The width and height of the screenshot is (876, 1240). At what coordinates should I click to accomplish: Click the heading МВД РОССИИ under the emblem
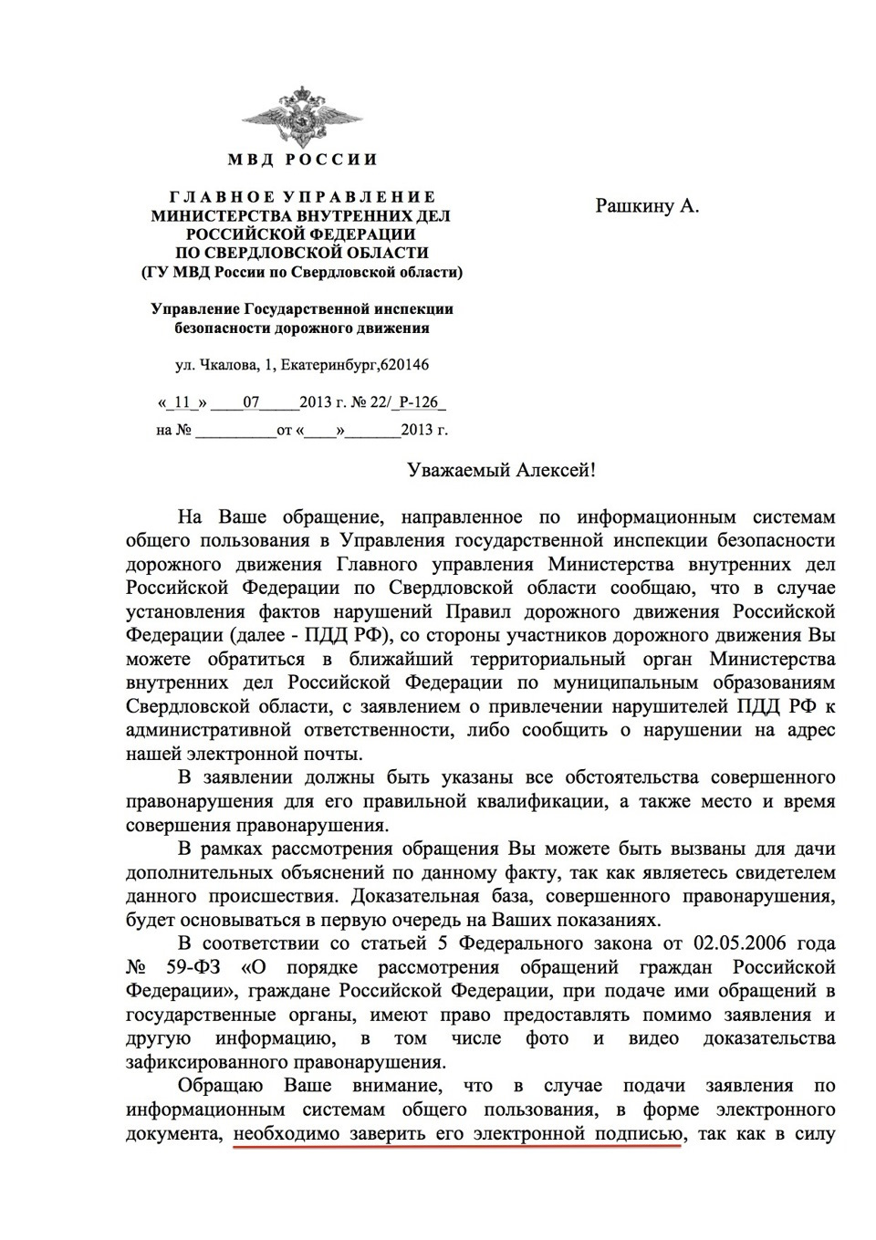[302, 160]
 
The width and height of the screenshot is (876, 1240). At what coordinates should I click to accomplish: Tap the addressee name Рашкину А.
[647, 205]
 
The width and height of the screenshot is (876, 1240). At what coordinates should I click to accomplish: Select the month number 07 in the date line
[252, 401]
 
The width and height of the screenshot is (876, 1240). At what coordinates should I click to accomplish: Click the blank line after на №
[235, 429]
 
